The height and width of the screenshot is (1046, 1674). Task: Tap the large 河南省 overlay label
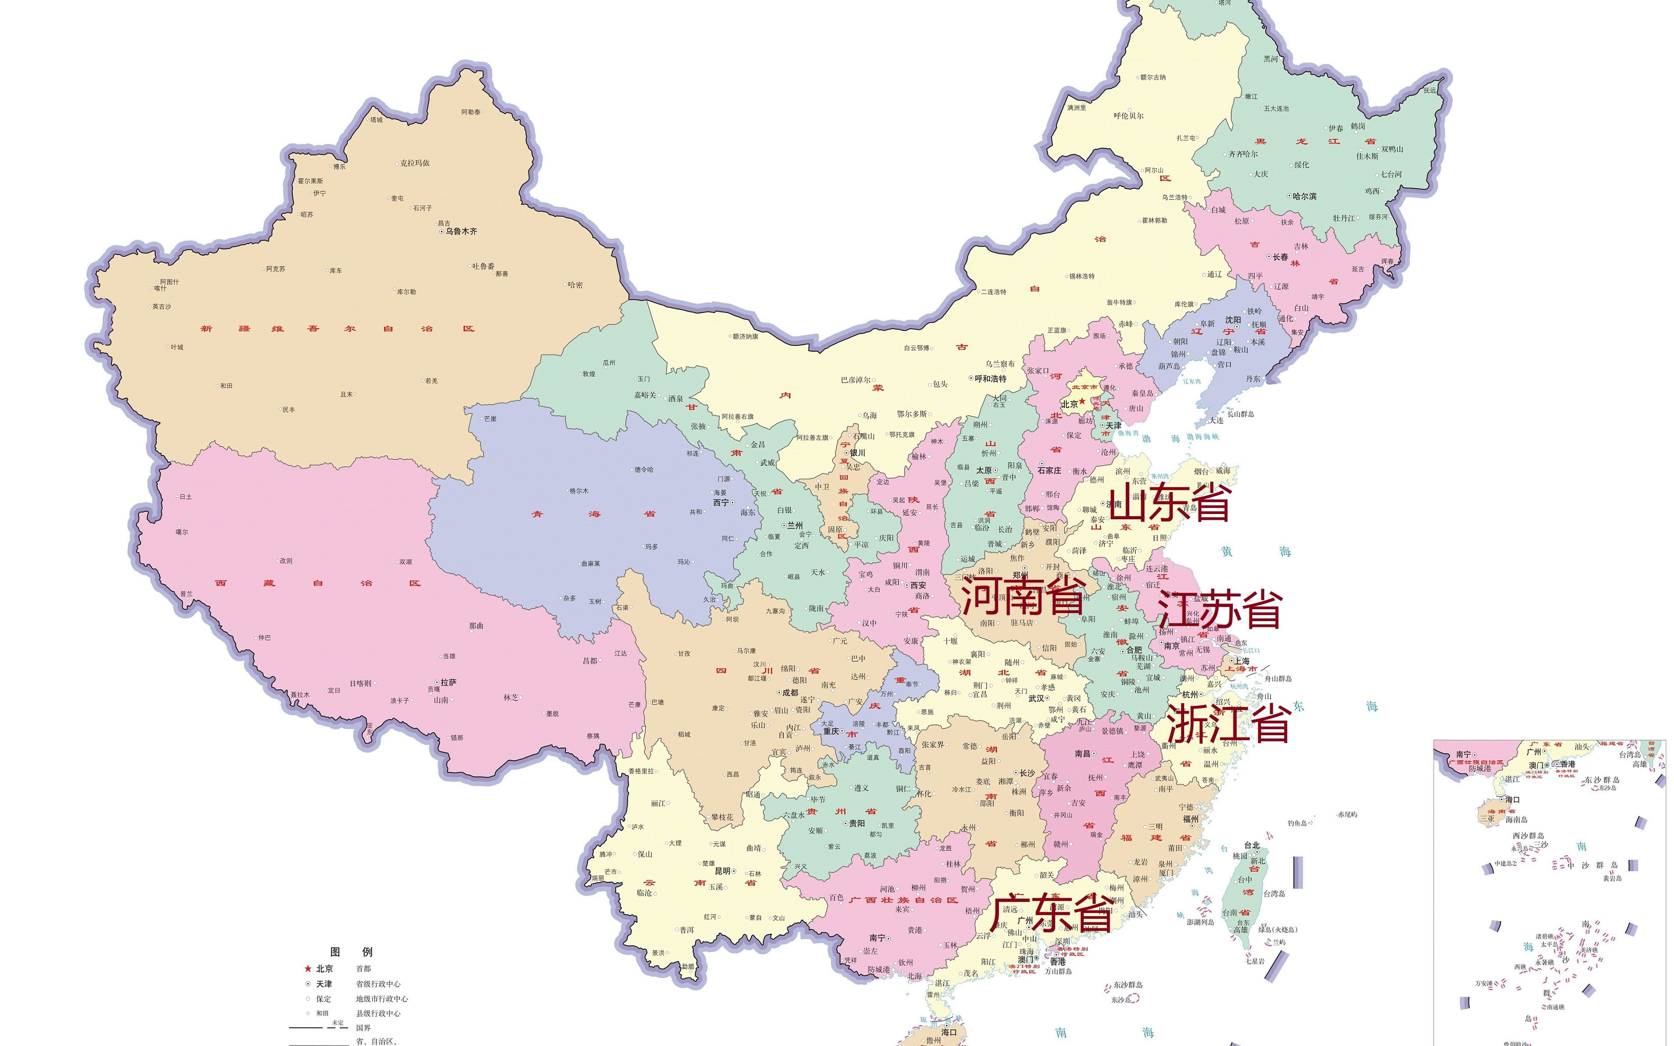point(1022,597)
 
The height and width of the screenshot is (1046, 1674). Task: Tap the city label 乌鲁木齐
point(461,231)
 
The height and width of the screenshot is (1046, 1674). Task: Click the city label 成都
point(790,693)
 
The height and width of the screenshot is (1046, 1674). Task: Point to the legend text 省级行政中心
point(378,984)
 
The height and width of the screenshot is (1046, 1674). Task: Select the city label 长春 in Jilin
point(1280,257)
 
